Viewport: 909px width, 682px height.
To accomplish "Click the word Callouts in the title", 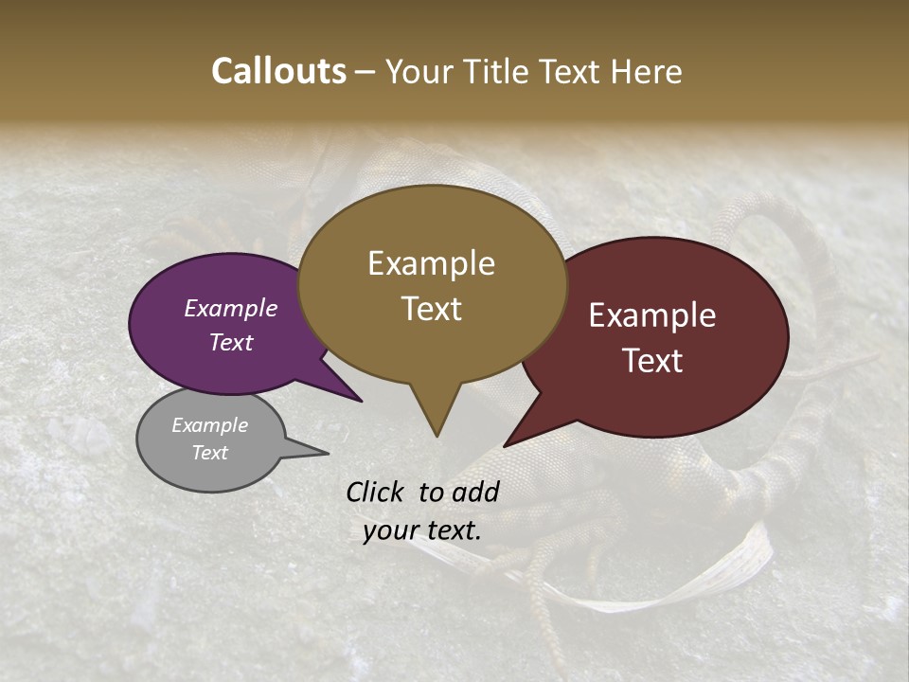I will (x=278, y=71).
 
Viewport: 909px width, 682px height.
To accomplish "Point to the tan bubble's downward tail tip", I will (x=437, y=435).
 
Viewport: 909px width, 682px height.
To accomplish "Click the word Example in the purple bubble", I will (x=231, y=309).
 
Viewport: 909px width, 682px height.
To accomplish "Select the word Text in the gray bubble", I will (x=210, y=453).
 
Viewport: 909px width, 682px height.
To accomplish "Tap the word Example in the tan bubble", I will (x=431, y=263).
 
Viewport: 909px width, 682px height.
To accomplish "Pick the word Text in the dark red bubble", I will (x=652, y=361).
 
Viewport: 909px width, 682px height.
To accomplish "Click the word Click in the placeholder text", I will (x=378, y=492).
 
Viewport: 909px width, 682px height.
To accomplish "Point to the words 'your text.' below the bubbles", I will (x=422, y=531).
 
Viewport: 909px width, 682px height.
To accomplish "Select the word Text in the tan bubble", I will (x=432, y=309).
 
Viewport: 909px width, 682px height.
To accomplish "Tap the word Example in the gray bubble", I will (x=210, y=425).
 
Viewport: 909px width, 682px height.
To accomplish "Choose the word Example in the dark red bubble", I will (x=652, y=315).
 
